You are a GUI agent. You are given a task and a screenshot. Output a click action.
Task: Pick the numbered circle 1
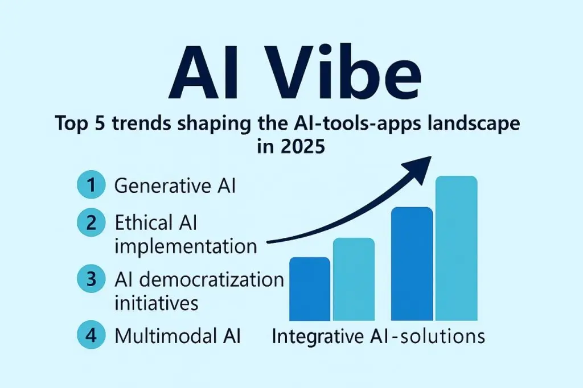pyautogui.click(x=91, y=186)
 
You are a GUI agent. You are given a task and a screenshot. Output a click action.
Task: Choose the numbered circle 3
pyautogui.click(x=91, y=279)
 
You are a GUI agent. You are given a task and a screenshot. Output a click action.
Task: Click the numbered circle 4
pyautogui.click(x=91, y=336)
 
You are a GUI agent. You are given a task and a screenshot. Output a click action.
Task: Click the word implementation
pyautogui.click(x=186, y=247)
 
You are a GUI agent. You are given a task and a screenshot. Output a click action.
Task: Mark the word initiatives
pyautogui.click(x=157, y=303)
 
